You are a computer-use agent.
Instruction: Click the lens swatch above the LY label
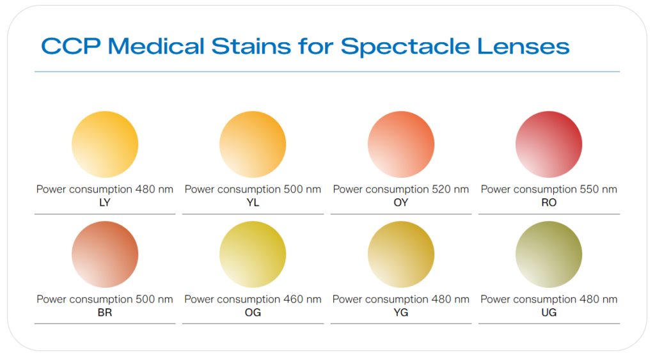[x=105, y=144]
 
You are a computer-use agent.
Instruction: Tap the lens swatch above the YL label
[x=253, y=144]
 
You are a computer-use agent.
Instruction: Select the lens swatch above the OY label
[x=401, y=144]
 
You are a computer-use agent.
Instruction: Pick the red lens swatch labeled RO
[x=549, y=144]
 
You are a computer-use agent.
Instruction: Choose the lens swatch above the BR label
[x=105, y=254]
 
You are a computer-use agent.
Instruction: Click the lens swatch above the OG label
[x=253, y=254]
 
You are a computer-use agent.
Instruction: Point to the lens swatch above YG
[x=401, y=254]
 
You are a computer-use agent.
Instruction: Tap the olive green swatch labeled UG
[x=549, y=254]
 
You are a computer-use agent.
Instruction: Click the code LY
[x=104, y=203]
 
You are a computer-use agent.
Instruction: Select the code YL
[x=253, y=203]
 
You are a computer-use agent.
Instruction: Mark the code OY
[x=401, y=203]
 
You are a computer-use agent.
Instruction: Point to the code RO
[x=549, y=203]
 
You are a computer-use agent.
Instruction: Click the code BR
[x=104, y=313]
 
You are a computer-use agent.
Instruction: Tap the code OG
[x=253, y=313]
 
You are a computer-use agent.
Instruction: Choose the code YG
[x=401, y=313]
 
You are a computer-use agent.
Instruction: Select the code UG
[x=549, y=313]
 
